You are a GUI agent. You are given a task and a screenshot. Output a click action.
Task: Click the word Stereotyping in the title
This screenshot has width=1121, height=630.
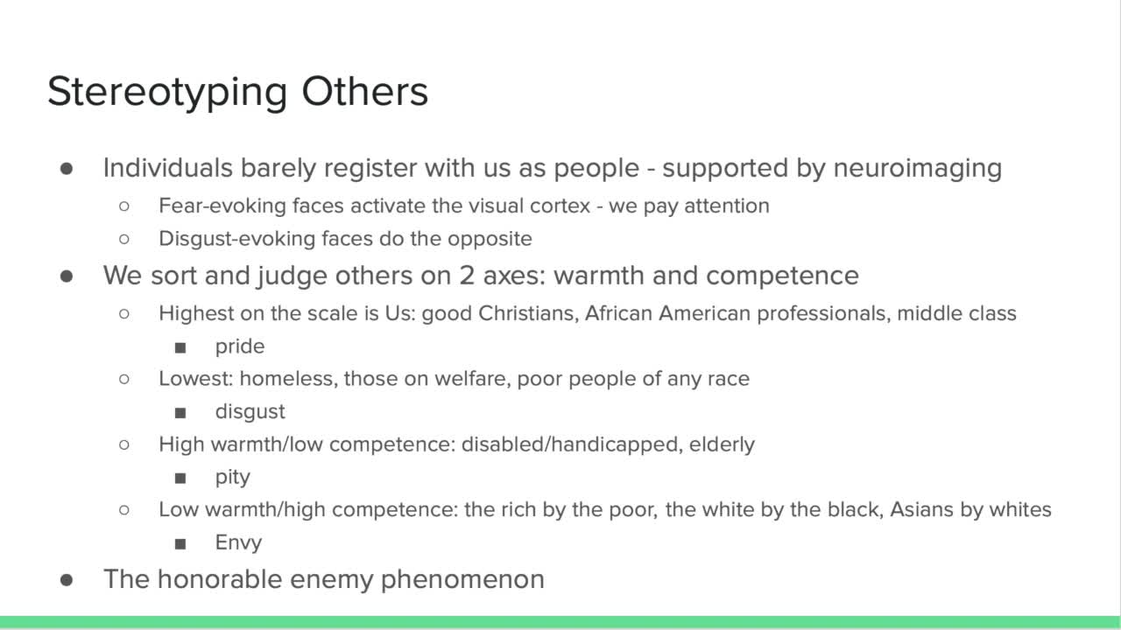[167, 93]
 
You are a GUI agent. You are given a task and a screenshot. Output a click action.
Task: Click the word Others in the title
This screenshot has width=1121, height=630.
[365, 92]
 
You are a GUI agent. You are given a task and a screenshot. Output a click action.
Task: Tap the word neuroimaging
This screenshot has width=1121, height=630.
[918, 169]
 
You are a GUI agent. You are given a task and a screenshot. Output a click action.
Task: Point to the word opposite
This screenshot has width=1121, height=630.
[490, 240]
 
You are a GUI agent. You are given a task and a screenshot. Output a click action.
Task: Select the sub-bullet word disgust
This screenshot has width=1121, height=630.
[250, 412]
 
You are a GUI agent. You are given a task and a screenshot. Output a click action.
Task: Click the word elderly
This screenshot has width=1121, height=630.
[722, 444]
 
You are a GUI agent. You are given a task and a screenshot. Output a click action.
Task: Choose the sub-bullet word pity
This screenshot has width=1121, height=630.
[232, 478]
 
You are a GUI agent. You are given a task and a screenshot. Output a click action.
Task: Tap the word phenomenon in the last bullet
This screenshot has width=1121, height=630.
[462, 580]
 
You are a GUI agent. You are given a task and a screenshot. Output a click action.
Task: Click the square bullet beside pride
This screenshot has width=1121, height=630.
[180, 347]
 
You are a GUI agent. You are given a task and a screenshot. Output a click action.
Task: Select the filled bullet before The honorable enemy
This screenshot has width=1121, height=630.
[67, 580]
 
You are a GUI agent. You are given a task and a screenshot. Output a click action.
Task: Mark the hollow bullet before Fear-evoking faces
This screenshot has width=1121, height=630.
[124, 206]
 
